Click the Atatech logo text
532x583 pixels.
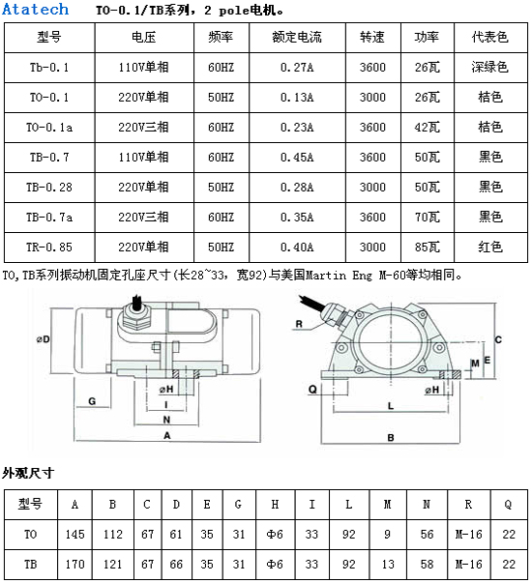[36, 9]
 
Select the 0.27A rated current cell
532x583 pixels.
[297, 68]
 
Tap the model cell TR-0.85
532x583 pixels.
[49, 248]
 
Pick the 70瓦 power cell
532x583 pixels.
[428, 218]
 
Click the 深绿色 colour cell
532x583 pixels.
[489, 67]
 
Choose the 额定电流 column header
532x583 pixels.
[297, 37]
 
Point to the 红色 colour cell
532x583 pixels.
[490, 247]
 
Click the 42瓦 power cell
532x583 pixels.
[428, 128]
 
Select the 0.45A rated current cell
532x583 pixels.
[297, 158]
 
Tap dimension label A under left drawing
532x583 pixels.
[167, 435]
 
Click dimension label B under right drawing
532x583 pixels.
[391, 438]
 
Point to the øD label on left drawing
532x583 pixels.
[44, 339]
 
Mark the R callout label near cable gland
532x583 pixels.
[299, 324]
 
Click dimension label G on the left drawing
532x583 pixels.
[92, 401]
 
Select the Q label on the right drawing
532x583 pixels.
[312, 390]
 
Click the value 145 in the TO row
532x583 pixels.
[75, 535]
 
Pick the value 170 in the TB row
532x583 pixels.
[75, 565]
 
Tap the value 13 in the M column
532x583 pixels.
[388, 565]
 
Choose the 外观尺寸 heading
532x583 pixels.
[28, 473]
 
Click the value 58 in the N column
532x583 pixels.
[428, 565]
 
